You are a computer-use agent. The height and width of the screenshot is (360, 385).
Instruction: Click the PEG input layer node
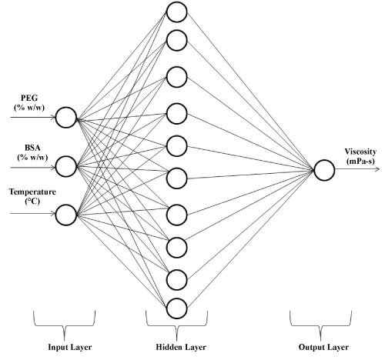click(x=66, y=118)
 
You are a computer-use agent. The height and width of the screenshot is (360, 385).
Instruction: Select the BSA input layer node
click(x=66, y=167)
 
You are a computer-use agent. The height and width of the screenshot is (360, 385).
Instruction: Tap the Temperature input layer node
click(x=66, y=215)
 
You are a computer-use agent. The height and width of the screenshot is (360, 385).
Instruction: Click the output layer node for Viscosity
click(x=324, y=170)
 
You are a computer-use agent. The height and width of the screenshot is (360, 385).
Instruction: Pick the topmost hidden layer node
click(x=176, y=12)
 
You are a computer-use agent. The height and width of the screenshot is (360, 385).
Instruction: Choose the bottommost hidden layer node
click(x=176, y=308)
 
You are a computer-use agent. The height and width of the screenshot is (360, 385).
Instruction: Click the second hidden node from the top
click(x=176, y=40)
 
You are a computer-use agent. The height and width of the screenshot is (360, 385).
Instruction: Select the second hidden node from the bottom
click(x=176, y=280)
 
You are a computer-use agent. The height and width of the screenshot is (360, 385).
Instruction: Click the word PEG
click(x=29, y=98)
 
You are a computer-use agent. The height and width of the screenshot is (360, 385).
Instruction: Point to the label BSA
click(x=32, y=148)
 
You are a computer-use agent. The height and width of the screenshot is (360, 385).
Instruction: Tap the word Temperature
click(x=32, y=192)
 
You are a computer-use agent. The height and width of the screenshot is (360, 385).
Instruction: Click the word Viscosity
click(x=360, y=152)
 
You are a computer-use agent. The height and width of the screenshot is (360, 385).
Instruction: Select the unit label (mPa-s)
click(x=360, y=162)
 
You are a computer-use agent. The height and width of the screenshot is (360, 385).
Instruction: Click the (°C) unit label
click(x=32, y=202)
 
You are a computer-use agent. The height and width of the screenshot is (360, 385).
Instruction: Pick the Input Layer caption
click(x=70, y=347)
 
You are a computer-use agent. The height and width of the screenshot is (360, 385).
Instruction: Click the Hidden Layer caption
click(x=181, y=347)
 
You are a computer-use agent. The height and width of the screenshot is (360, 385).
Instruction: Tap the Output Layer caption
click(x=323, y=347)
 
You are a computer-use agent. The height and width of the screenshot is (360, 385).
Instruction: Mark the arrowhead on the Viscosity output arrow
click(x=377, y=169)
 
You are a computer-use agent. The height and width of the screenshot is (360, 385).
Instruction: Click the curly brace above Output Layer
click(x=320, y=326)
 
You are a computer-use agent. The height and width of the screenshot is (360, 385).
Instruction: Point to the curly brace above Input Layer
click(x=64, y=326)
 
